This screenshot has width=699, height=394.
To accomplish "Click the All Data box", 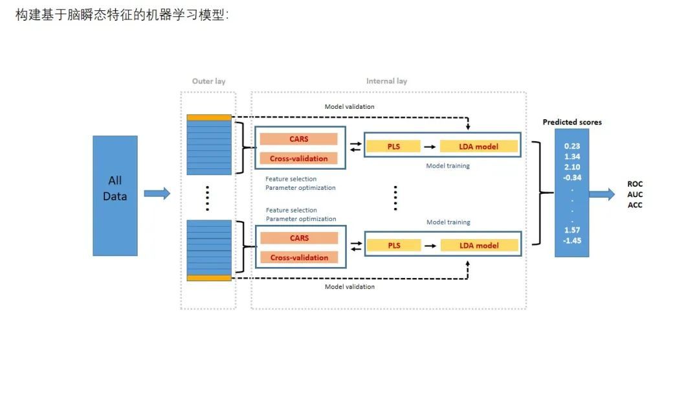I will pyautogui.click(x=115, y=195).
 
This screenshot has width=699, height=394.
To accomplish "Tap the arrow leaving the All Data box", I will pyautogui.click(x=157, y=193).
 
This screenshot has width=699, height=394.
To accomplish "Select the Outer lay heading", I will pyautogui.click(x=208, y=82).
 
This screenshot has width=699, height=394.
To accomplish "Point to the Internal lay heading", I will pyautogui.click(x=386, y=82).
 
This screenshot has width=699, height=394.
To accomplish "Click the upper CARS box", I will pyautogui.click(x=298, y=139).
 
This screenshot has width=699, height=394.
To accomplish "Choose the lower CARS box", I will pyautogui.click(x=299, y=238).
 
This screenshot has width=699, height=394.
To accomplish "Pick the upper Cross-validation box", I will pyautogui.click(x=298, y=158).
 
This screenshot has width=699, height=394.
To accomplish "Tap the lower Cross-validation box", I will pyautogui.click(x=299, y=257).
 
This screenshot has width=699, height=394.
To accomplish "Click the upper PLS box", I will pyautogui.click(x=394, y=146).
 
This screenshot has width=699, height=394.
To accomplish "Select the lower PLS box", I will pyautogui.click(x=394, y=246).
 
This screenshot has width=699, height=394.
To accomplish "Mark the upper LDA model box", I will pyautogui.click(x=478, y=146).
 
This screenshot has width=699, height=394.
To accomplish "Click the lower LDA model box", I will pyautogui.click(x=479, y=246).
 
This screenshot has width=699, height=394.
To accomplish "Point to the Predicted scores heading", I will pyautogui.click(x=571, y=122).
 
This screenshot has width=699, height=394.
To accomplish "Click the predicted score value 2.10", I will pyautogui.click(x=571, y=167).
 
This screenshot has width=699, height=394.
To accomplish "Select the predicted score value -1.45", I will pyautogui.click(x=571, y=240).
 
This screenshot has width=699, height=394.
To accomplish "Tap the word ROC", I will pyautogui.click(x=635, y=184).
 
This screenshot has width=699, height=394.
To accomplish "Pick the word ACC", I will pyautogui.click(x=635, y=205).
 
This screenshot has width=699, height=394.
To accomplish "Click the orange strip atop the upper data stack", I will pyautogui.click(x=208, y=117).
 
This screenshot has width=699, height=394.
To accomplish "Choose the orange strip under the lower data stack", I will pyautogui.click(x=208, y=278).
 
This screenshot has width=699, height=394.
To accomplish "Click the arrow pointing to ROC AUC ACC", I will pyautogui.click(x=602, y=194).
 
